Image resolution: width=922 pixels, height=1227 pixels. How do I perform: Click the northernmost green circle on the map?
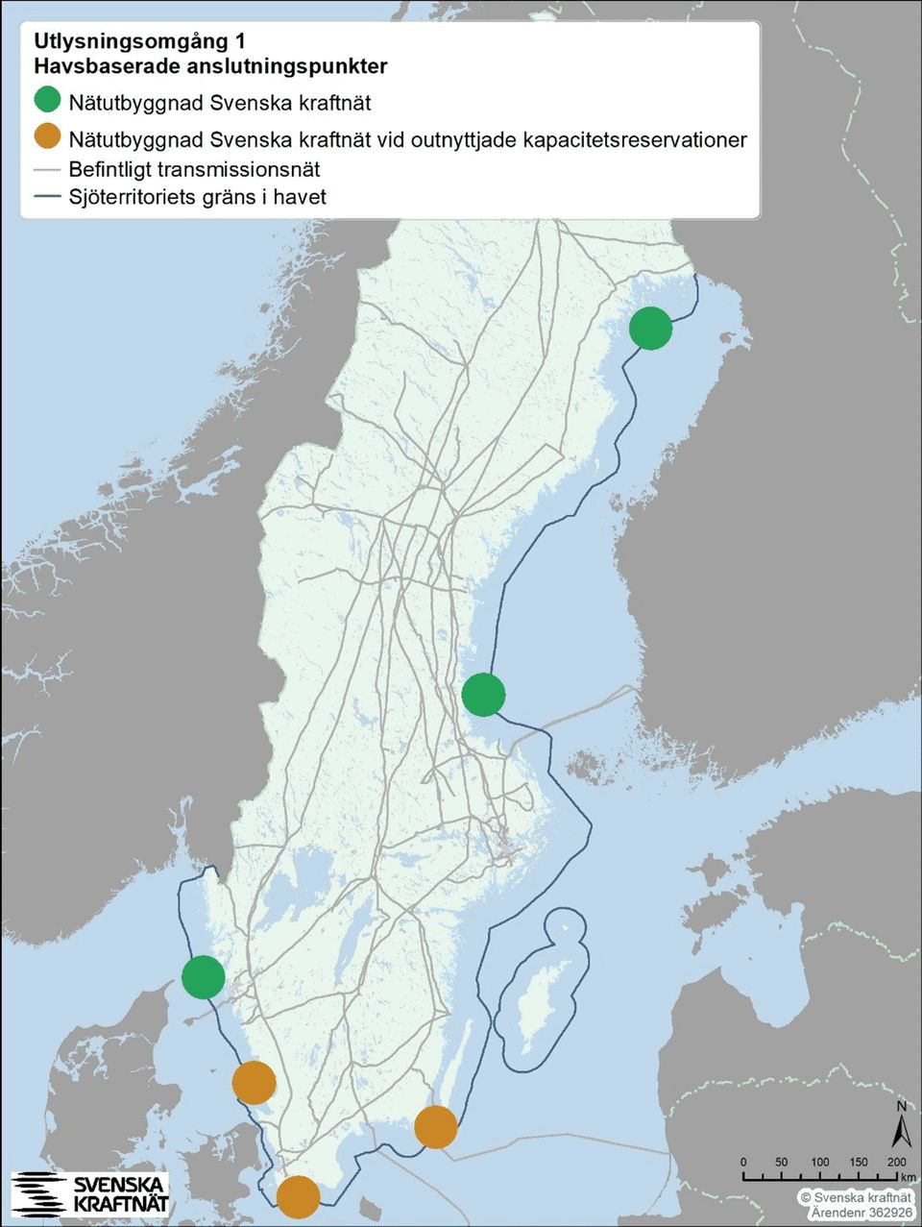tap(650, 329)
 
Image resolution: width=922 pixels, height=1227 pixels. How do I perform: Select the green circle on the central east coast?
tap(483, 695)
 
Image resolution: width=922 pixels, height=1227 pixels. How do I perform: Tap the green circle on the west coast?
tap(204, 977)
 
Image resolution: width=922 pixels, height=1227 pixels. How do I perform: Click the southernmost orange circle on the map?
tap(298, 1196)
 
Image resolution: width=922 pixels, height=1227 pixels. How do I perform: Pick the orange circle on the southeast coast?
tap(436, 1127)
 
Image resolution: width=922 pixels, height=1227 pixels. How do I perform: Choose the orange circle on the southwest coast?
tap(255, 1083)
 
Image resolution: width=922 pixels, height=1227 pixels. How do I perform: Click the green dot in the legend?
tap(47, 101)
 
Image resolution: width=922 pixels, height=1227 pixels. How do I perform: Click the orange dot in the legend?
tap(47, 137)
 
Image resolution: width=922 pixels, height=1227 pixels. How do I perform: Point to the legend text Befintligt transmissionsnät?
tap(194, 169)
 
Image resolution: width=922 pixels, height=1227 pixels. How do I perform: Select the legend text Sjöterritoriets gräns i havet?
tap(197, 197)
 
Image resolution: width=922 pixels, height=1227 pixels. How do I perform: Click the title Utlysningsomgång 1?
tap(138, 42)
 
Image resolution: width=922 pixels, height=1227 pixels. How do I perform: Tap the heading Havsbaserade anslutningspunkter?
tap(209, 66)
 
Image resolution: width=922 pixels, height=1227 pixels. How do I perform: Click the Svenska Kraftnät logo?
tap(90, 1193)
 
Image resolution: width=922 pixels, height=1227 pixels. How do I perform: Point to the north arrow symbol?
tap(901, 1126)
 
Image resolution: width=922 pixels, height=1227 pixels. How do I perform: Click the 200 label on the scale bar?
tap(897, 1163)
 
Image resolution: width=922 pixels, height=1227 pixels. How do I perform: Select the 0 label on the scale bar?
tap(743, 1163)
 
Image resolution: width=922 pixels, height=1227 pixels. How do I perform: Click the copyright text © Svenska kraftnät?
tap(856, 1198)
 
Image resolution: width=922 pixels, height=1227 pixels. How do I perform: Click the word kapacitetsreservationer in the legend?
tap(635, 139)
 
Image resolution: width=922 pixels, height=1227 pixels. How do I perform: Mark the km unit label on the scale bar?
tap(909, 1177)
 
